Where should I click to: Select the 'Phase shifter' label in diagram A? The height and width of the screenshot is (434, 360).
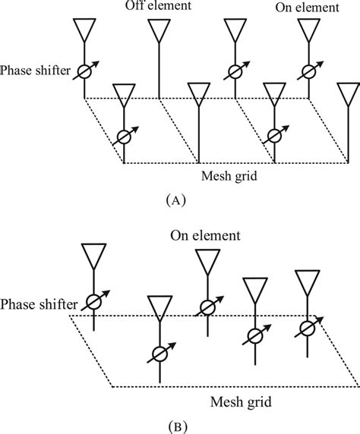pyautogui.click(x=36, y=71)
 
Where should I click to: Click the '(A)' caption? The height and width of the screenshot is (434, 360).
pyautogui.click(x=174, y=200)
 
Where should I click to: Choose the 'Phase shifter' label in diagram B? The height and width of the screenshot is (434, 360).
pyautogui.click(x=38, y=304)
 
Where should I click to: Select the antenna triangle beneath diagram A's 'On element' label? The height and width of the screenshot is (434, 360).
pyautogui.click(x=308, y=30)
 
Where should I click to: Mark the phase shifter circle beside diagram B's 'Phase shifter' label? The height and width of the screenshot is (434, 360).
pyautogui.click(x=93, y=300)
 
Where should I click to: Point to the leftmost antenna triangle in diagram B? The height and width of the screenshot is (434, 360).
pyautogui.click(x=93, y=256)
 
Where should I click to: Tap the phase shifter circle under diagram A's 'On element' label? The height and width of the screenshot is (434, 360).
pyautogui.click(x=308, y=71)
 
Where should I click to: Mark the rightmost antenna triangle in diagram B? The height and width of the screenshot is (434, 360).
pyautogui.click(x=309, y=282)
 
